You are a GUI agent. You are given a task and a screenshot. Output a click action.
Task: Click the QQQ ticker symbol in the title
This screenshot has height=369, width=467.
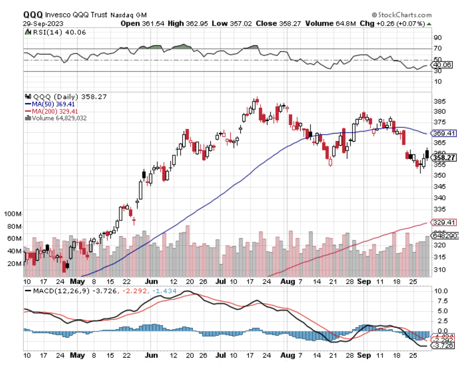(x=33, y=15)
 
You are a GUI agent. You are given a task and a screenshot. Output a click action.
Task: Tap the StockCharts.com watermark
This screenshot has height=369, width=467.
(x=402, y=15)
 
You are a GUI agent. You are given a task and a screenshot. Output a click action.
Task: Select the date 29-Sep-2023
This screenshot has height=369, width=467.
(x=43, y=24)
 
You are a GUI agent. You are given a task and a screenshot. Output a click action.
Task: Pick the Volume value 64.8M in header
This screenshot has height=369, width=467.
(x=346, y=23)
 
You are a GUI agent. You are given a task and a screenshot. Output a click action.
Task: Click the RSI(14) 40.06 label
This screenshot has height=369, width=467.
(x=59, y=32)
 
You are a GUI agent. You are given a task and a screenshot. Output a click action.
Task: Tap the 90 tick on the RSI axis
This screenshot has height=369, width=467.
(x=438, y=38)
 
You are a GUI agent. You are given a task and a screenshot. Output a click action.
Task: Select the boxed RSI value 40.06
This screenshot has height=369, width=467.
(x=442, y=65)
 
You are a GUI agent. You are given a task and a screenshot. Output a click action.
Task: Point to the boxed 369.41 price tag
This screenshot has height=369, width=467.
(x=444, y=133)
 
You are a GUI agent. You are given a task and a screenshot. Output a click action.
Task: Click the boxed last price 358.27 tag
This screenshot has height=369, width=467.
(x=444, y=158)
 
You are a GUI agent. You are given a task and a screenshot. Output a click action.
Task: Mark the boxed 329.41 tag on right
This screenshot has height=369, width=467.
(x=444, y=222)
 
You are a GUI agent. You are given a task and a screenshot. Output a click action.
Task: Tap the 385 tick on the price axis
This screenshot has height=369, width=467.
(x=440, y=101)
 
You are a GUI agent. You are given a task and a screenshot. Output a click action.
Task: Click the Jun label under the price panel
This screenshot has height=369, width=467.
(x=151, y=281)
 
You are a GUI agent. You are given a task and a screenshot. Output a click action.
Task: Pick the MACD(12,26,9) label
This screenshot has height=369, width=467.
(x=61, y=291)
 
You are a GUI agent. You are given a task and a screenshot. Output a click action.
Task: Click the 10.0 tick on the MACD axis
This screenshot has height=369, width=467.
(x=441, y=291)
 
